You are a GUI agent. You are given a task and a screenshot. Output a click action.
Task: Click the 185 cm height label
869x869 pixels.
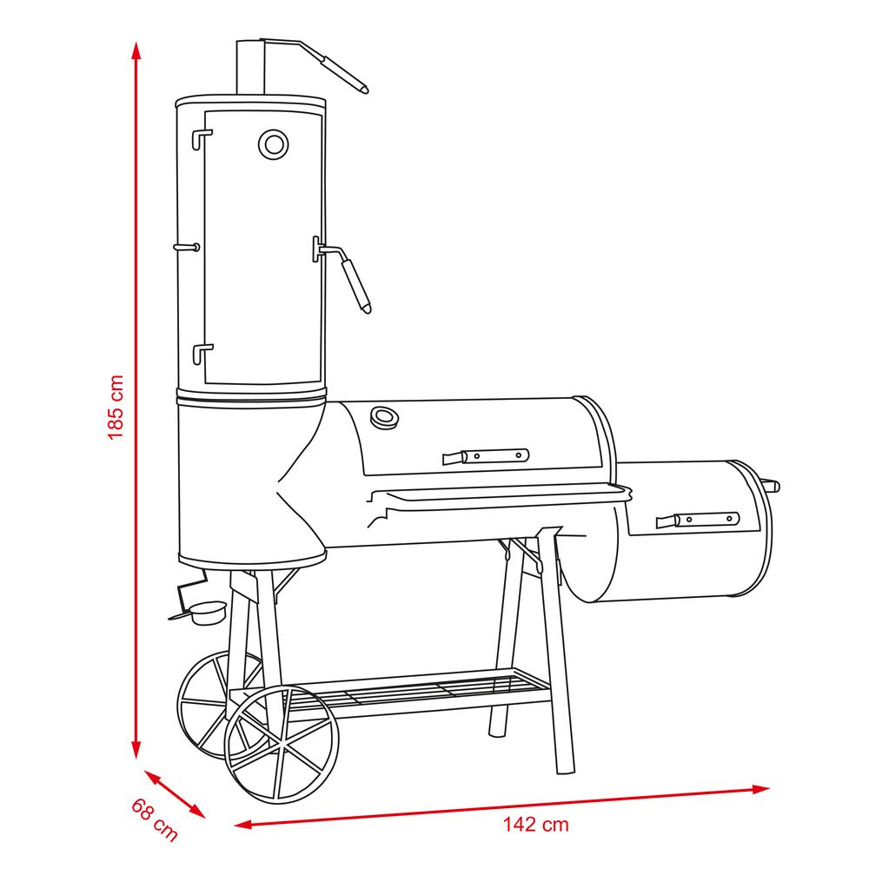click(x=116, y=408)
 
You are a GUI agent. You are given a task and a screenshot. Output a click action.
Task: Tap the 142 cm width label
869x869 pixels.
click(x=535, y=825)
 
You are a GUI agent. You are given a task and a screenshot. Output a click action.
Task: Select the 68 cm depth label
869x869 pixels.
click(x=155, y=820)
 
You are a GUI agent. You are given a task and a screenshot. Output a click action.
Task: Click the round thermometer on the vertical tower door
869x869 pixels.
click(x=273, y=144)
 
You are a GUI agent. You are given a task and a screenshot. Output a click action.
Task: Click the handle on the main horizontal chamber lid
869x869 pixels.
click(x=486, y=457)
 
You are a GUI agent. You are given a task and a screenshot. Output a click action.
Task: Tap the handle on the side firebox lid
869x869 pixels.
click(x=698, y=520)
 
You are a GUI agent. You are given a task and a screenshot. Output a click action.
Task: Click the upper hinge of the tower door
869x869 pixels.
click(x=202, y=138)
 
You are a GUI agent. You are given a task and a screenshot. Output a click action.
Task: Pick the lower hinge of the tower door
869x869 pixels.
click(x=202, y=355)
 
